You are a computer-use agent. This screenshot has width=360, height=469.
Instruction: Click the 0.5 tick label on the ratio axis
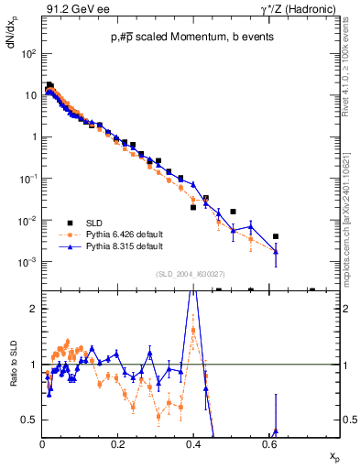[29, 420]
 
